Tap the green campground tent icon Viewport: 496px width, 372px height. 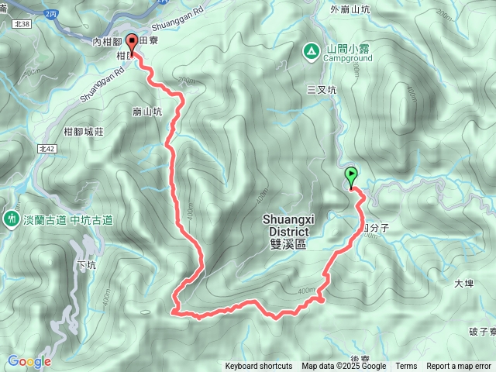coord(311,51)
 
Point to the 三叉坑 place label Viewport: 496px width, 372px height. coord(322,90)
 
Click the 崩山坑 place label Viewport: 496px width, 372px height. coord(147,112)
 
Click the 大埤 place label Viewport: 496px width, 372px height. coord(463,284)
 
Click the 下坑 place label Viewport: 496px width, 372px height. coord(88,264)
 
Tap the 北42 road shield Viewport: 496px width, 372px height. coord(46,148)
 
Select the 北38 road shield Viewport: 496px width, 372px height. coord(22,24)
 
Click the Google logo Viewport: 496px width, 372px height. coord(29,361)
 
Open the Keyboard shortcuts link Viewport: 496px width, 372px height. coord(259,367)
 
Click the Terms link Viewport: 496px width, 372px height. coord(406,367)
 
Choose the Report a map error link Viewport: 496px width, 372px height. coord(459,367)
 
